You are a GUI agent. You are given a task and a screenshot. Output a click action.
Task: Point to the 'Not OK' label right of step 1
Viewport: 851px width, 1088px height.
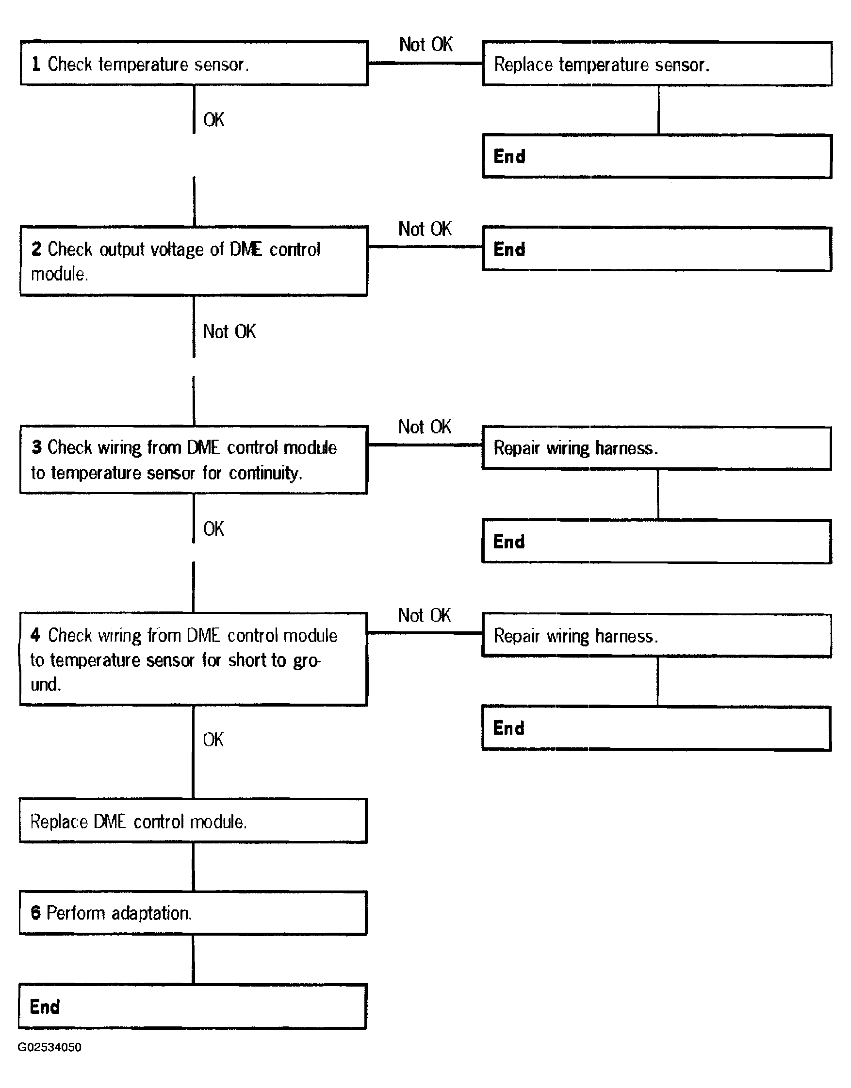click(425, 44)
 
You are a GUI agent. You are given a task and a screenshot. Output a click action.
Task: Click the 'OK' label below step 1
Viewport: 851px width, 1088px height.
click(214, 119)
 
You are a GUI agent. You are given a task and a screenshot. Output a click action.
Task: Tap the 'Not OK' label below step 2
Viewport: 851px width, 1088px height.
click(229, 331)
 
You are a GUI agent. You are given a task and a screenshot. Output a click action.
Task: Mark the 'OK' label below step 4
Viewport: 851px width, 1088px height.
click(213, 740)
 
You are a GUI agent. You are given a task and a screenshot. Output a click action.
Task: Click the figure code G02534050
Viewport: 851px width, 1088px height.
click(49, 1047)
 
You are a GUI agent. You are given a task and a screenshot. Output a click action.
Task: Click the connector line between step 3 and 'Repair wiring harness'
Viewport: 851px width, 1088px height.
click(425, 445)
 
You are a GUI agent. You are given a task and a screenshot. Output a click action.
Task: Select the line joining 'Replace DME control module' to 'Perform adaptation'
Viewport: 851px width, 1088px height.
click(193, 867)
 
